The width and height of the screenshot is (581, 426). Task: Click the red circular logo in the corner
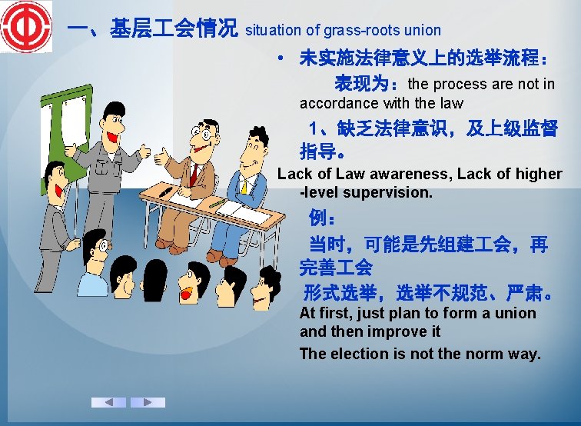point(25,26)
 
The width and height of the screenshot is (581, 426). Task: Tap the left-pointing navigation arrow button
point(108,402)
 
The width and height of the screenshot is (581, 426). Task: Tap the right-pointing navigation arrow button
point(148,402)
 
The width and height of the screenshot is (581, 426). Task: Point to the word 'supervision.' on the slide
point(393,192)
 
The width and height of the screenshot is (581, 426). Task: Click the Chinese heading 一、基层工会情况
point(151,29)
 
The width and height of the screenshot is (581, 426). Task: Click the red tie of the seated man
point(194,175)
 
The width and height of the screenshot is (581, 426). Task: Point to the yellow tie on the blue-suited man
point(244,185)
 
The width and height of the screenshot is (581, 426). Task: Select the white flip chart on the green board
point(65,131)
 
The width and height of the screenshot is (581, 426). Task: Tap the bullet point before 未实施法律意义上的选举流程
point(283,58)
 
